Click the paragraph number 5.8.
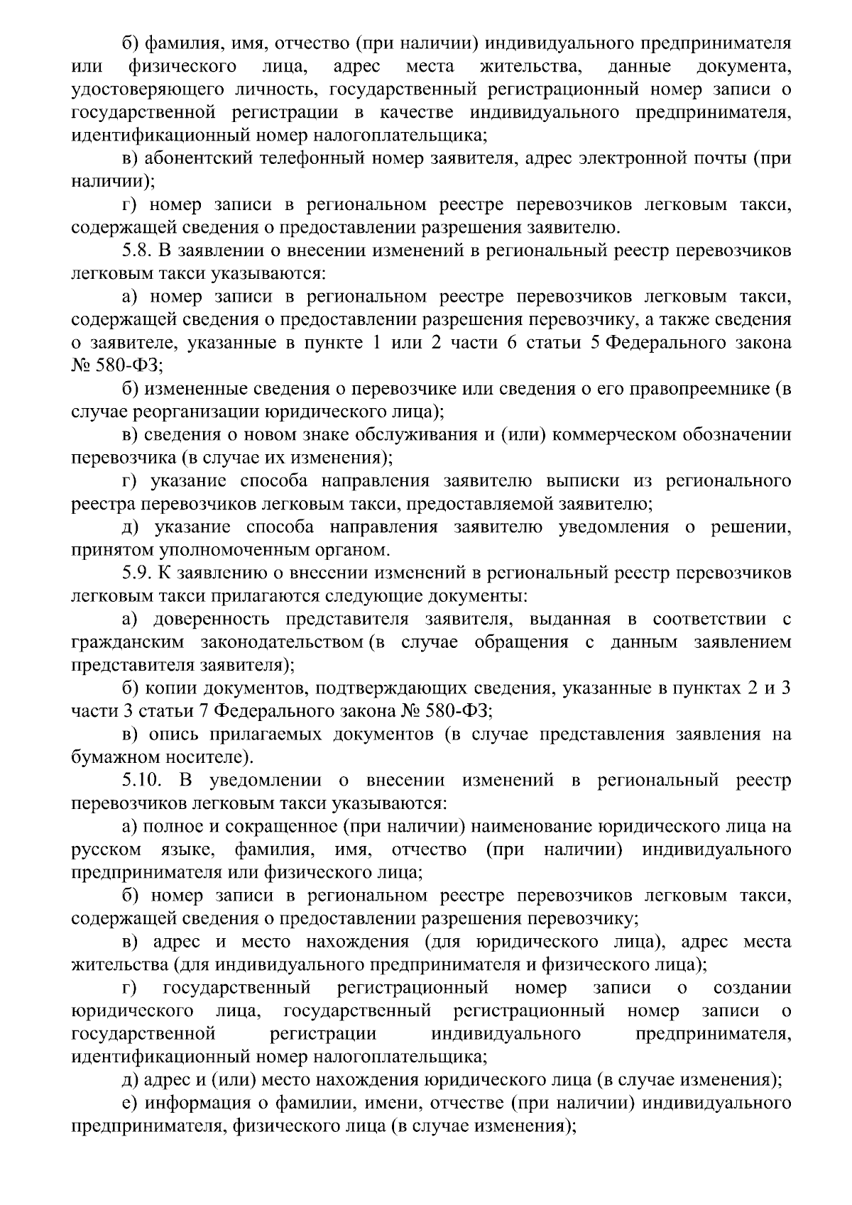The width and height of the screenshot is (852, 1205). [x=136, y=251]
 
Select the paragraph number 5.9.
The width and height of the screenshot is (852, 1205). [x=136, y=573]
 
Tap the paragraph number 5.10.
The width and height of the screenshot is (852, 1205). [x=143, y=781]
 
